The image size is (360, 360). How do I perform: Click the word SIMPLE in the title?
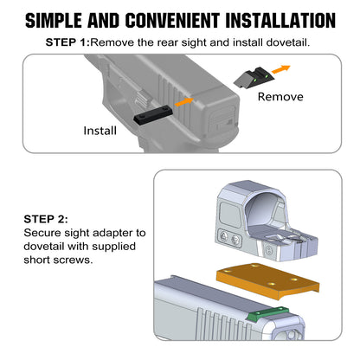click(54, 21)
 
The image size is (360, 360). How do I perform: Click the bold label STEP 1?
click(68, 42)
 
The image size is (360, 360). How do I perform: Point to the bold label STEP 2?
click(46, 219)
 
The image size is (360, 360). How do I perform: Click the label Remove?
click(280, 97)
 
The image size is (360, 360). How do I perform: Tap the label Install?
click(100, 131)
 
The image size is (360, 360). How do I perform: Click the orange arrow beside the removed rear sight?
click(281, 69)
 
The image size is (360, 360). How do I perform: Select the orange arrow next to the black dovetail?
click(184, 102)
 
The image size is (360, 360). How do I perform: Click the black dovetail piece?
click(153, 115)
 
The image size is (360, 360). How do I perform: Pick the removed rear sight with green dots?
click(254, 78)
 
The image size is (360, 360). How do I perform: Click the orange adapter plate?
click(267, 280)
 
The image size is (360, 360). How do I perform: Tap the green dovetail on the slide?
click(267, 313)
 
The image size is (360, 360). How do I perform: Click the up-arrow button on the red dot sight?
click(224, 236)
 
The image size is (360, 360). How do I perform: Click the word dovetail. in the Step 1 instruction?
click(288, 42)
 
